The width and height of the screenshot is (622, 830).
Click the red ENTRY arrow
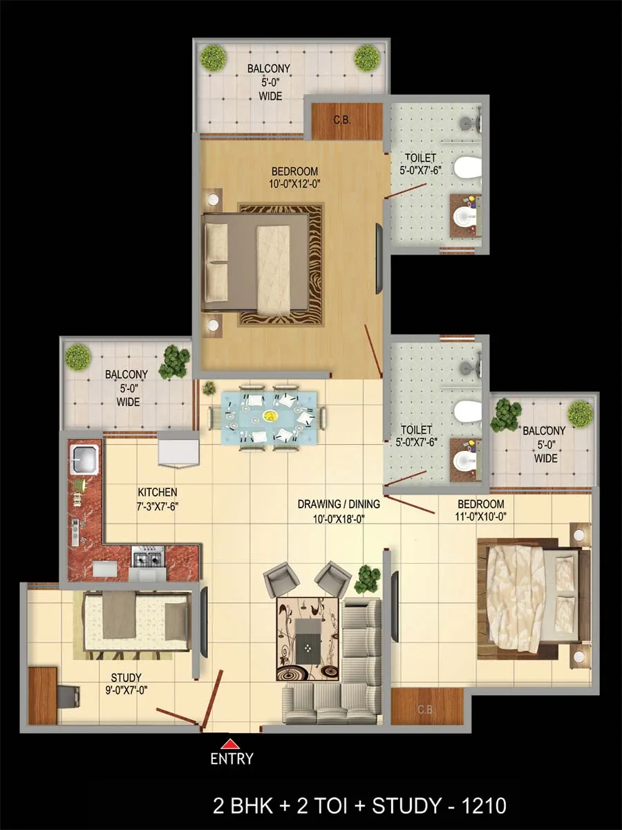pos(231,744)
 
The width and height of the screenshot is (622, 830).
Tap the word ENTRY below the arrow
pos(232,759)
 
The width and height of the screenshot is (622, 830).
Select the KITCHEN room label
pos(158,492)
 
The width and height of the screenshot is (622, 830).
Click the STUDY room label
pos(126,677)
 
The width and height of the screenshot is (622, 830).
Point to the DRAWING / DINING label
pos(339,504)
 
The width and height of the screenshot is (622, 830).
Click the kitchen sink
pos(84,459)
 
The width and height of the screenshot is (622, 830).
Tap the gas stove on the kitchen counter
pos(148,555)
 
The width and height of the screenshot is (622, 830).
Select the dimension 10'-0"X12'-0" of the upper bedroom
pos(295,184)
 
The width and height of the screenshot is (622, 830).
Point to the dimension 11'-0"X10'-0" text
pos(481,516)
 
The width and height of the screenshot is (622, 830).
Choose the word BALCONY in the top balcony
pos(269,68)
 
